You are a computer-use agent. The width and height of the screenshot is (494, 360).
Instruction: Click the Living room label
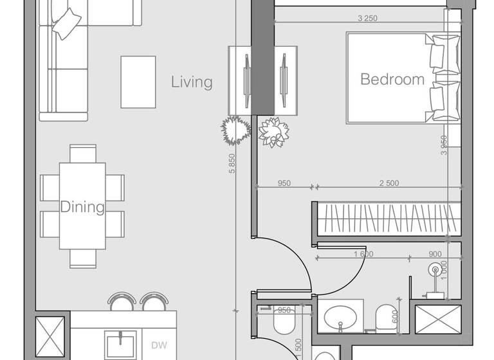192,82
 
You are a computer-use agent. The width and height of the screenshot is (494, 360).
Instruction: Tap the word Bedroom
392,80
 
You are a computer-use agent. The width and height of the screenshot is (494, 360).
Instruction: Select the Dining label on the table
82,207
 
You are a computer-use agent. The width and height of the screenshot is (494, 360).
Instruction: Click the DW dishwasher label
160,345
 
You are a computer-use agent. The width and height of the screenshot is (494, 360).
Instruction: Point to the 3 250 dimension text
367,18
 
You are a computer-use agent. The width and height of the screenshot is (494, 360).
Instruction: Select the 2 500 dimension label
389,183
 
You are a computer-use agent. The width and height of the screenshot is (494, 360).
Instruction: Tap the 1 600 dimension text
363,254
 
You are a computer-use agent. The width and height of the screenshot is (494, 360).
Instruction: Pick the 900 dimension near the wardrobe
434,254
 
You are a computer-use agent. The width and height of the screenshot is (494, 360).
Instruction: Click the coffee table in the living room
138,82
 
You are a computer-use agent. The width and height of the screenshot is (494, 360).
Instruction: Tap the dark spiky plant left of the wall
235,130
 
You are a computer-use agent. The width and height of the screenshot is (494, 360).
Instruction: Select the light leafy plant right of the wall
273,132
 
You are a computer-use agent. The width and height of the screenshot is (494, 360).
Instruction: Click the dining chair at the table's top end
83,154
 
